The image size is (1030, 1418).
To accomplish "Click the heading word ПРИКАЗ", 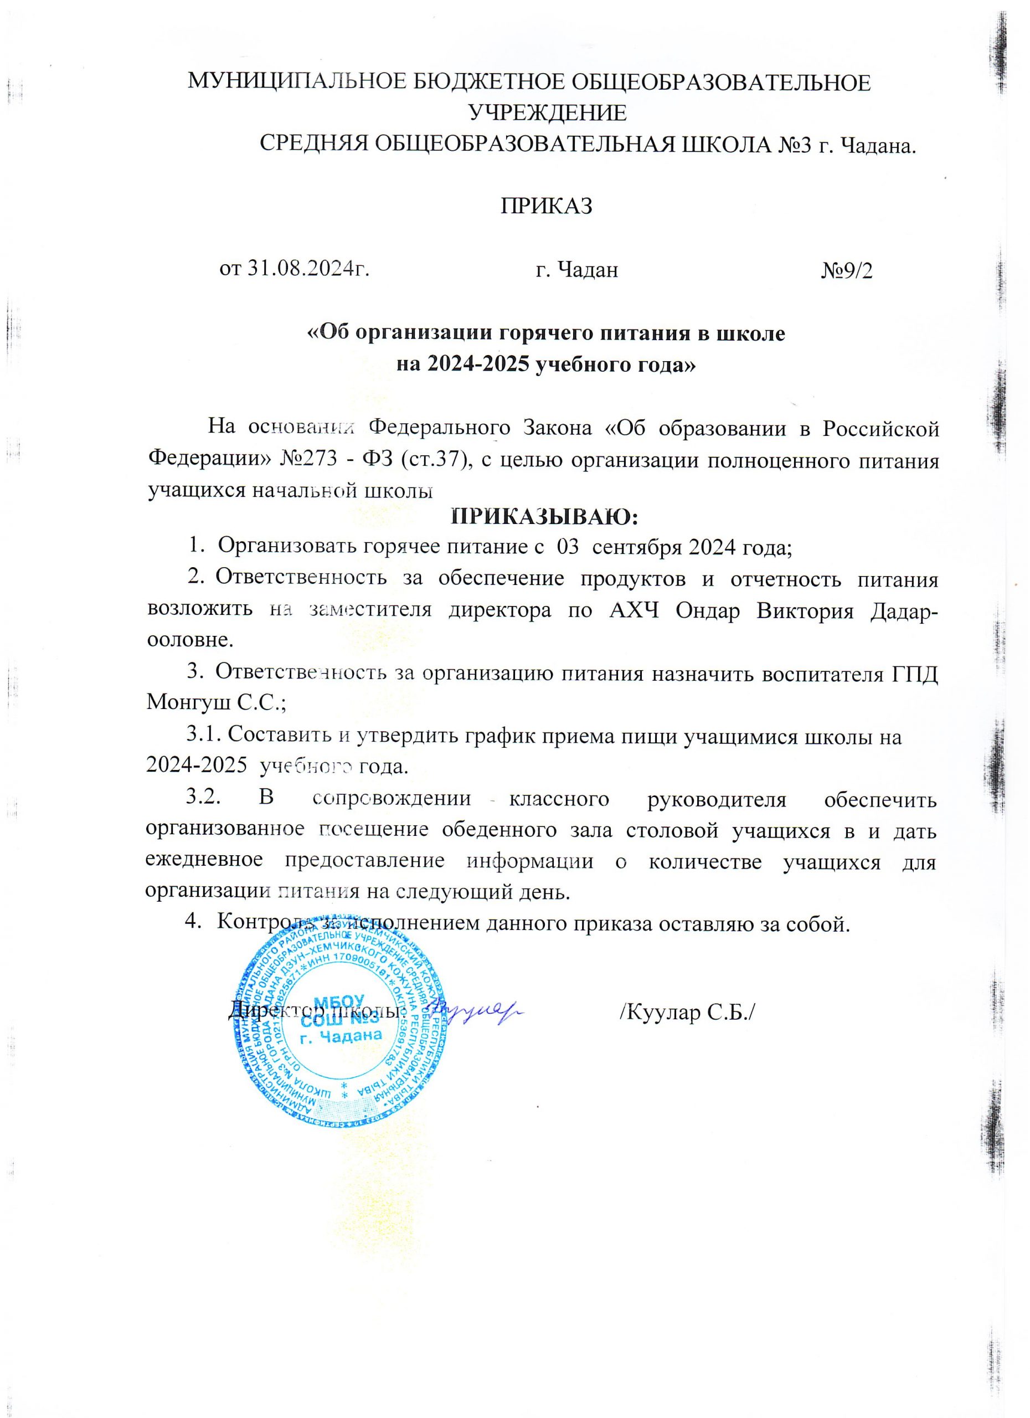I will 546,206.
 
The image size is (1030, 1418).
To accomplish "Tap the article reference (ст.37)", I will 434,461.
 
